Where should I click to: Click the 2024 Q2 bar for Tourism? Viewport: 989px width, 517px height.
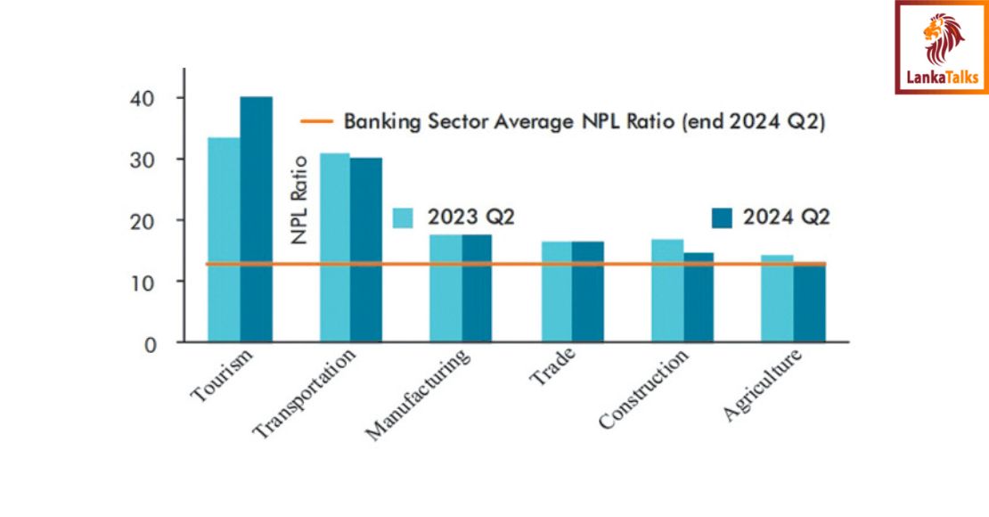coord(257,218)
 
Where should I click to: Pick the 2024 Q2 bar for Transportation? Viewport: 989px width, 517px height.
coord(366,250)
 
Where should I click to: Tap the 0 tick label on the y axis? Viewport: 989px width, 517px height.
coord(151,343)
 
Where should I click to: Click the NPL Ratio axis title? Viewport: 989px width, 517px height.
coord(299,201)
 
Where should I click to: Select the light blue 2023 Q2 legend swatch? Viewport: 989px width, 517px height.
coord(404,218)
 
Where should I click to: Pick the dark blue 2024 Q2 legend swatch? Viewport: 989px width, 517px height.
coord(721,217)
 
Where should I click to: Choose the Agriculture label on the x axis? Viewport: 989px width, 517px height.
coord(764,384)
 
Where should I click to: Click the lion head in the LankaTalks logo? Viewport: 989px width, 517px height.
coord(943,37)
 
